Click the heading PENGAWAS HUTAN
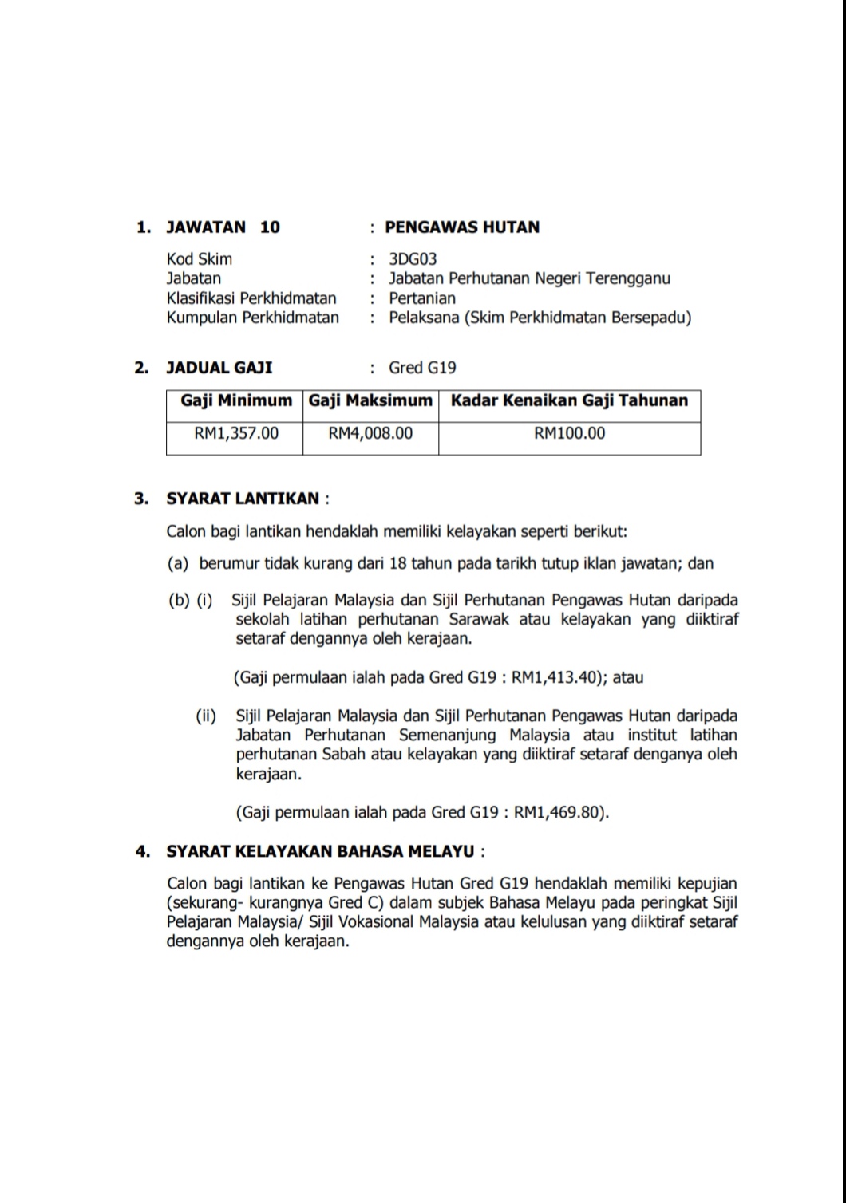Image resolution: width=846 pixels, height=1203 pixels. (462, 227)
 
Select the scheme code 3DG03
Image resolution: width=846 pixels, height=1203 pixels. (413, 259)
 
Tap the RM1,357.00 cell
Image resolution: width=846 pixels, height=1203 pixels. (236, 433)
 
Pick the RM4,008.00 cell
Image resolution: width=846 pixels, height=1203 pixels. (370, 433)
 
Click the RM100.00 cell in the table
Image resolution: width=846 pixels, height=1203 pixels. (569, 433)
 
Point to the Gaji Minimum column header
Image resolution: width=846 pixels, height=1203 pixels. (236, 400)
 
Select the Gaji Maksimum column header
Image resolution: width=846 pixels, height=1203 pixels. (370, 400)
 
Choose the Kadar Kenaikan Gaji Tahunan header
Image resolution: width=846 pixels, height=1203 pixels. (569, 400)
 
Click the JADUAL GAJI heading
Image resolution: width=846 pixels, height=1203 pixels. (219, 368)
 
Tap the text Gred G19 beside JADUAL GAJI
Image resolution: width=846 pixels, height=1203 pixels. (422, 368)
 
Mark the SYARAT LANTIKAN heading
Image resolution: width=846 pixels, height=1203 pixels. (243, 499)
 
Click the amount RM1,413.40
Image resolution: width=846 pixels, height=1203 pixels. (554, 678)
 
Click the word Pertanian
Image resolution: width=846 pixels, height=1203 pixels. (422, 298)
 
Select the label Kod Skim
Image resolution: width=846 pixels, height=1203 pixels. (200, 259)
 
